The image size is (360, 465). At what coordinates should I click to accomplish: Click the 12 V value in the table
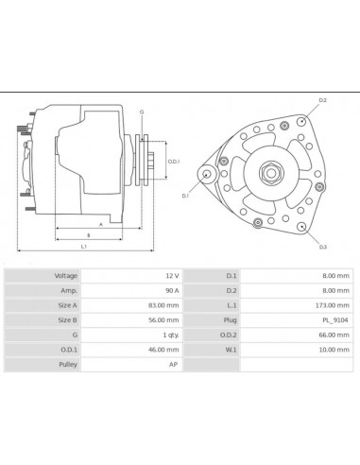click(x=171, y=275)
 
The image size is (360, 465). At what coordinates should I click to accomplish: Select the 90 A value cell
click(x=171, y=292)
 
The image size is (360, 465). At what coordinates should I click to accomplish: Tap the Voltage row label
click(x=65, y=275)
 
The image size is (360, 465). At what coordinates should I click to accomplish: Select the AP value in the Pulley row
click(x=173, y=363)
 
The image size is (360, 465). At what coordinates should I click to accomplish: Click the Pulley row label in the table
click(x=67, y=363)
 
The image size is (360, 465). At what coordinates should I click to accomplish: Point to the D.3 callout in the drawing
click(x=322, y=247)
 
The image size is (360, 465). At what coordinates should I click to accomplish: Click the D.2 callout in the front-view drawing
click(x=322, y=100)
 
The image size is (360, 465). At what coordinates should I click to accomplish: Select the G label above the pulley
click(x=141, y=112)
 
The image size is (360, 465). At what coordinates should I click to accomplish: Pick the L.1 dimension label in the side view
click(x=84, y=248)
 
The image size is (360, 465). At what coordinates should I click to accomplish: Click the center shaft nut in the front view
click(x=269, y=173)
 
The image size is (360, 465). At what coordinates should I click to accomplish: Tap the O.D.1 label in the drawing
click(x=173, y=162)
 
